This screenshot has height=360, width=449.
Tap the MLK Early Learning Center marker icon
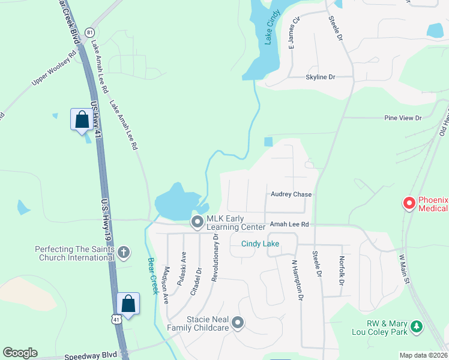click(x=197, y=223)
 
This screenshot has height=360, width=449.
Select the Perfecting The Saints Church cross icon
click(x=124, y=253)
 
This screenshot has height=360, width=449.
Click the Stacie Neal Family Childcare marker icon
click(x=238, y=323)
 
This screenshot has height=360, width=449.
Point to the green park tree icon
click(x=416, y=328)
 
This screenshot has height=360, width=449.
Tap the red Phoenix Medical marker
click(x=409, y=204)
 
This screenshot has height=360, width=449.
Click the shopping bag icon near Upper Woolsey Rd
click(x=80, y=119)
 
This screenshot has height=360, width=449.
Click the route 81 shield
click(x=90, y=32)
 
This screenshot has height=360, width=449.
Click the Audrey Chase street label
click(x=291, y=194)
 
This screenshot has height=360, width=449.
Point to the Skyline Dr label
click(x=320, y=77)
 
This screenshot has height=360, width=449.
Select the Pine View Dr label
click(x=403, y=118)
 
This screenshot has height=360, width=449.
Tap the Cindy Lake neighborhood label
click(x=260, y=244)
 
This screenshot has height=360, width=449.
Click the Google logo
click(x=20, y=353)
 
